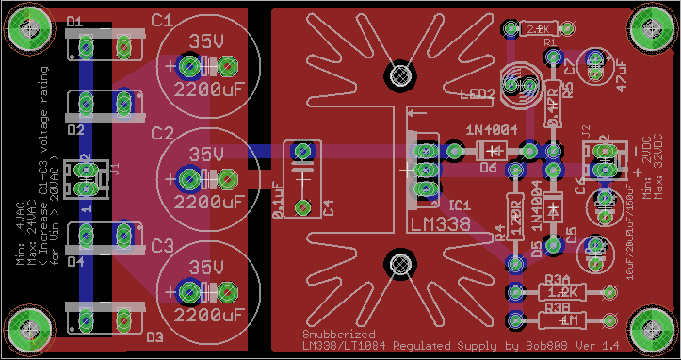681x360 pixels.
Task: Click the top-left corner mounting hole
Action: pos(27,28)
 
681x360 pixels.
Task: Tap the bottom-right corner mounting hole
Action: pos(654,330)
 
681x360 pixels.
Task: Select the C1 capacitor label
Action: pos(161,20)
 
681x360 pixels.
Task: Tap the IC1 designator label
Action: pos(460,204)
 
